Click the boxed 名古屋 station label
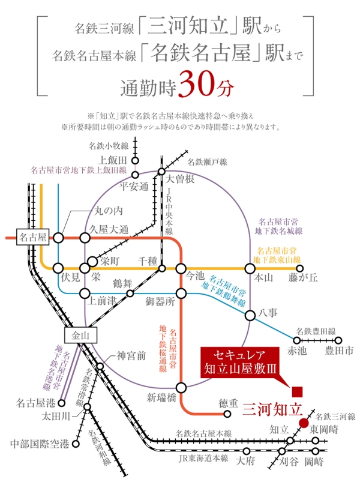pos(32,238)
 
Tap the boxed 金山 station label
pos(80,336)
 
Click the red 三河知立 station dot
pos(304,423)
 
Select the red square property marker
pos(297,392)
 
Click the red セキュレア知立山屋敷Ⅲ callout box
pos(240,362)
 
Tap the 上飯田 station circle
pos(135,160)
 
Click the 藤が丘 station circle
pos(299,268)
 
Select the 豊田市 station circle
pos(338,340)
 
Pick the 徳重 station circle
pos(227,414)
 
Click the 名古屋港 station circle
pos(62,403)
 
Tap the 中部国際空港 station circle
pos(76,444)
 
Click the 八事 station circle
pos(250,316)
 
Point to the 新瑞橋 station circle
pos(181,387)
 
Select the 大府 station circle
pos(247,451)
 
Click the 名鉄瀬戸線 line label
pos(207,162)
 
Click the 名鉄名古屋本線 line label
pos(203,433)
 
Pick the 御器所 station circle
pos(181,294)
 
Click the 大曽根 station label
pos(180,179)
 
